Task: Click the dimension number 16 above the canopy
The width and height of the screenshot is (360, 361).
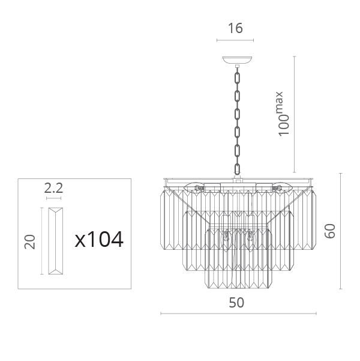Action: tap(235, 28)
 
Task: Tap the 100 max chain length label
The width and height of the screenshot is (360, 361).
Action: tap(283, 114)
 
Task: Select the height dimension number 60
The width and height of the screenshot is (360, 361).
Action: tap(329, 231)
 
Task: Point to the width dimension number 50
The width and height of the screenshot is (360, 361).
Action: tap(236, 303)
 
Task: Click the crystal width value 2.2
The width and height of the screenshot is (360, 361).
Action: tap(53, 188)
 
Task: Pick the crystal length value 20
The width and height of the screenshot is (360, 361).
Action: tap(30, 241)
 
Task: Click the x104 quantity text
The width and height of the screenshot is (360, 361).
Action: tap(99, 240)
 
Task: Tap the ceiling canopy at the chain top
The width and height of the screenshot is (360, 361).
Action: tap(237, 60)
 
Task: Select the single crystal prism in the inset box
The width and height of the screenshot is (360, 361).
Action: tap(55, 241)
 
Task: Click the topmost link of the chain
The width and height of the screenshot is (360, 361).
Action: tap(237, 78)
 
